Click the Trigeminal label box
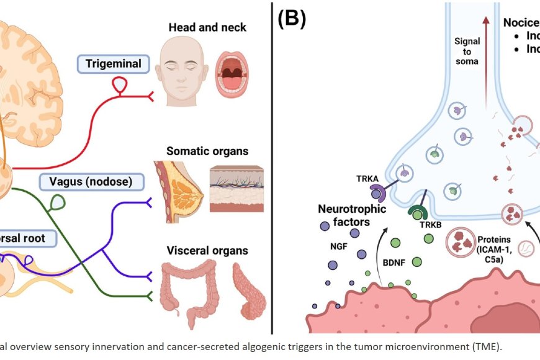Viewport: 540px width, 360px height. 113,63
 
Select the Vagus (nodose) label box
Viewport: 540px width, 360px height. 91,182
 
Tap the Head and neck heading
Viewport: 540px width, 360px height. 207,28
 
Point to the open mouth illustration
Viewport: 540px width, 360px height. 235,72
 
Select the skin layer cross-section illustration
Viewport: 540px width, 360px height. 238,189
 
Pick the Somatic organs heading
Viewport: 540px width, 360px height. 207,151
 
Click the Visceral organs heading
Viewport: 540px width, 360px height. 207,251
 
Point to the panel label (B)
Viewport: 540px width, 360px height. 291,19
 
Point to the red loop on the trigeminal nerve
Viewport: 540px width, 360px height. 120,85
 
